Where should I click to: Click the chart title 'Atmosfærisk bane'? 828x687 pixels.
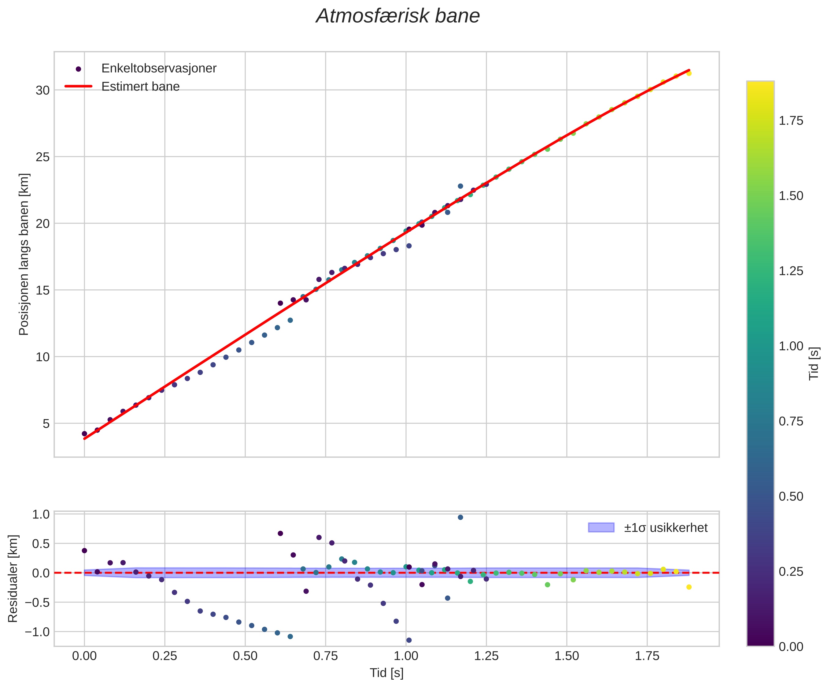coord(398,17)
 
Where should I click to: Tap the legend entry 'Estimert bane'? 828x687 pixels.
coord(140,87)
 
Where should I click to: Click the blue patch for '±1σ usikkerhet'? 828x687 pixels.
coord(601,528)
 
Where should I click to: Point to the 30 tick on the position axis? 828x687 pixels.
coord(43,90)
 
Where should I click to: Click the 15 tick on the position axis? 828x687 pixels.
coord(43,290)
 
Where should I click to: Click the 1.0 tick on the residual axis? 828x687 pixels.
coord(41,514)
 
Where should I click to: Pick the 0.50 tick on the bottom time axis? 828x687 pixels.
coord(245,657)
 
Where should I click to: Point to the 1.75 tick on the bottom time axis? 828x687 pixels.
coord(647,657)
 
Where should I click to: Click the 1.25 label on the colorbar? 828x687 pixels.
coord(790,271)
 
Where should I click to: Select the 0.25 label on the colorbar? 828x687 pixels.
coord(790,571)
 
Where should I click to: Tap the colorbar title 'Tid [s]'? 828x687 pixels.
coord(814,364)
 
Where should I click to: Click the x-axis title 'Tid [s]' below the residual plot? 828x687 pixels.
coord(386,673)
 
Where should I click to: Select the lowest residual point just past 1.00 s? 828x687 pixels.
coord(409,640)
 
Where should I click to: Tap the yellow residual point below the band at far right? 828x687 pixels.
coord(689,587)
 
